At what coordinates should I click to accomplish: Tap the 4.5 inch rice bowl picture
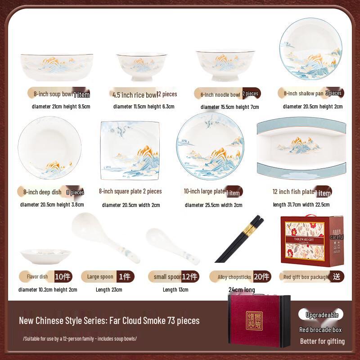142,67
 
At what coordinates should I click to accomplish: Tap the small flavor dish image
45,256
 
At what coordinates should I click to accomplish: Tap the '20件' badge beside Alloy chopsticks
262,276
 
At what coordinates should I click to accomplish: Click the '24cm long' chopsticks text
242,290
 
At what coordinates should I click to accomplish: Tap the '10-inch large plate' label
205,191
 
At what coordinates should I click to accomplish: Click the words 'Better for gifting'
322,341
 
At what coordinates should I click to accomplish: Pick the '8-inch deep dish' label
42,192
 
